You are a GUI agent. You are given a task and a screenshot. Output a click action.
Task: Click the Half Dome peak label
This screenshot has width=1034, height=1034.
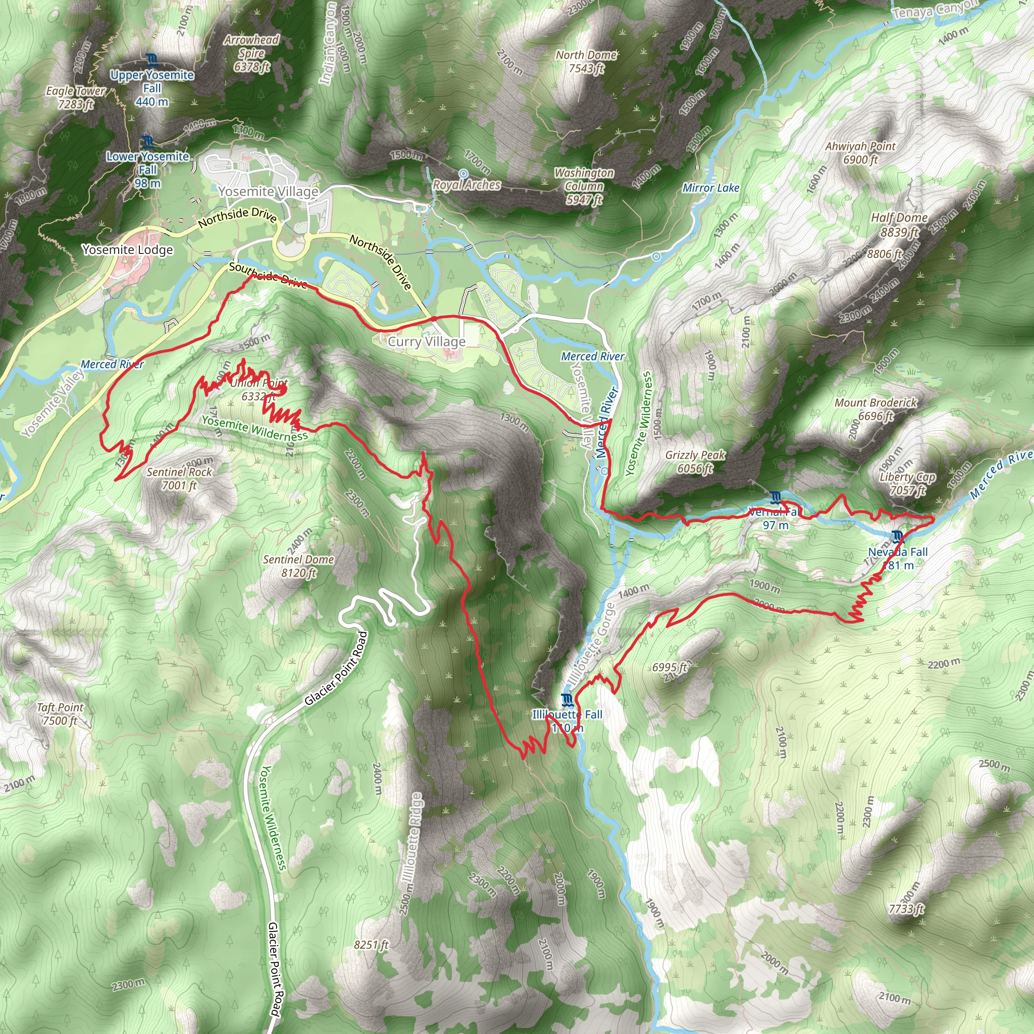(899, 224)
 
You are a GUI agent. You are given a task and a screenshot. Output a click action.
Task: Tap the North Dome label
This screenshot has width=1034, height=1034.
(586, 61)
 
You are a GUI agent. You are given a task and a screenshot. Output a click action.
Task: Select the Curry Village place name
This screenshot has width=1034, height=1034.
(427, 341)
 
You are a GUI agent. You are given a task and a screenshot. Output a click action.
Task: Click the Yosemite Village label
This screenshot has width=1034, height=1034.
(268, 191)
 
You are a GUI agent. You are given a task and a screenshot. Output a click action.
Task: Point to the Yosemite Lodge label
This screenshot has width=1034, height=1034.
(127, 249)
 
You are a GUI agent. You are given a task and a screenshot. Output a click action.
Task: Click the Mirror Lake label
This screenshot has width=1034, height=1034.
(710, 188)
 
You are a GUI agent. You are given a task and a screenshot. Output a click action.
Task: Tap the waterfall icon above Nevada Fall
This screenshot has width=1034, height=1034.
(898, 536)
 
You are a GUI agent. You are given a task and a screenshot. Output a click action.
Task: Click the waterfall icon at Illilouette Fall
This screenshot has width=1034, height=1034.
(567, 699)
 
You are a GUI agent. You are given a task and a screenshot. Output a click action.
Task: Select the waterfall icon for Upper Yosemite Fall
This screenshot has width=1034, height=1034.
(151, 59)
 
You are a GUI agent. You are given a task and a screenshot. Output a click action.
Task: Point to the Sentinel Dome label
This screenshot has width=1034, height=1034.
(298, 565)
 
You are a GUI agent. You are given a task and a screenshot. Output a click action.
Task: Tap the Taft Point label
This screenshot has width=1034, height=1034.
(60, 713)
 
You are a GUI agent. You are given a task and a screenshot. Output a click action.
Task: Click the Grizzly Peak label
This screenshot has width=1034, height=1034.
(695, 461)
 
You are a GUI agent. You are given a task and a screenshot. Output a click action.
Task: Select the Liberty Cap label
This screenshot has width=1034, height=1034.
(907, 483)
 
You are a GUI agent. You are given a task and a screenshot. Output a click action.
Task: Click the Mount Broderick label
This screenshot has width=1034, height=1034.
(875, 409)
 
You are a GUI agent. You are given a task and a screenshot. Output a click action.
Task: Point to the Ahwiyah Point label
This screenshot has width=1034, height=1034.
(860, 152)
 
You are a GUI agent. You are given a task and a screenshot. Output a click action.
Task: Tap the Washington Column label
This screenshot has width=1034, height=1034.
(584, 186)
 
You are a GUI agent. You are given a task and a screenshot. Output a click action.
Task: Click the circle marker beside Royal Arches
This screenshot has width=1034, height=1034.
(463, 173)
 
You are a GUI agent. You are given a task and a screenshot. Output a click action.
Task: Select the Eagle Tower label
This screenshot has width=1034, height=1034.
(75, 97)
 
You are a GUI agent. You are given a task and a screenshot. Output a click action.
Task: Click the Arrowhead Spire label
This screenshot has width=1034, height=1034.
(251, 53)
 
